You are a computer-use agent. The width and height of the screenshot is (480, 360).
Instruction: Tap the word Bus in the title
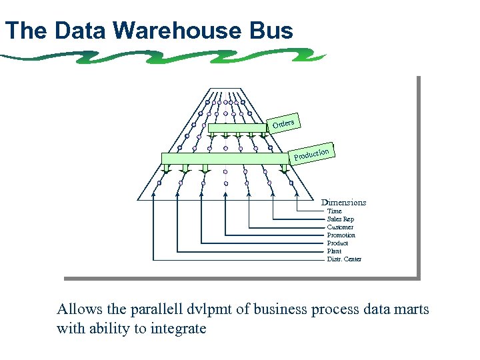[x=271, y=31]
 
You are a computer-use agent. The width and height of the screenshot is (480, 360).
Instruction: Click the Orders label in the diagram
[x=283, y=123]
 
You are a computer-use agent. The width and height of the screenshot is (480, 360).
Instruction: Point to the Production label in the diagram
[x=312, y=154]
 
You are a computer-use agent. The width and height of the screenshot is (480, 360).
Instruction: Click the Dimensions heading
[x=343, y=202]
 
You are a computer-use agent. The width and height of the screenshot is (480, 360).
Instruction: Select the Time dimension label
[x=334, y=211]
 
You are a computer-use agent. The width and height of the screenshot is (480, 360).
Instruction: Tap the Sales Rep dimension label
[x=340, y=219]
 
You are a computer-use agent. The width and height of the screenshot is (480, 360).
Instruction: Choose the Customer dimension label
[x=340, y=227]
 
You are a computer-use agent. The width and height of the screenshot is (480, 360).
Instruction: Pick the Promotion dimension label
[x=341, y=235]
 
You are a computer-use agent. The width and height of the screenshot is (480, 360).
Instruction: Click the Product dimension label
[x=337, y=243]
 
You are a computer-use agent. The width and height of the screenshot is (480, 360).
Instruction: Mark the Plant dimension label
[x=334, y=251]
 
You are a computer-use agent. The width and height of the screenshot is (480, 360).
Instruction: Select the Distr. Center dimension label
[x=344, y=259]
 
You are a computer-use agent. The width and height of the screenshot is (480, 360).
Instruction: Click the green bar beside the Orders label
[x=237, y=128]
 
